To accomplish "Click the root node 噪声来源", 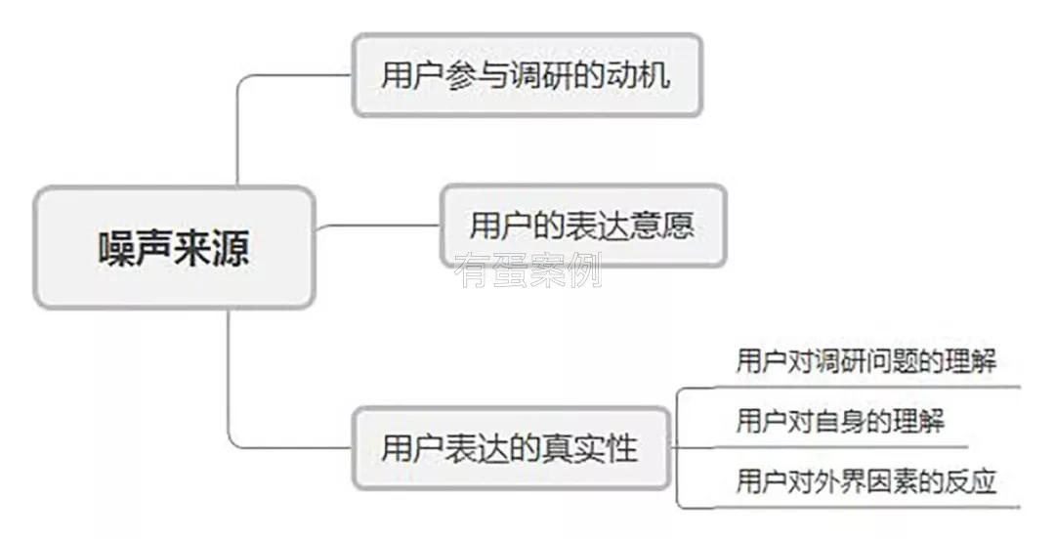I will click(x=174, y=247).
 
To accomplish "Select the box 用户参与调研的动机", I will click(x=527, y=76).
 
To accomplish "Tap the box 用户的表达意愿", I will click(x=582, y=226).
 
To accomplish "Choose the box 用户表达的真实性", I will click(x=510, y=448).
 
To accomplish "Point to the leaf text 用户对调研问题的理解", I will click(x=865, y=361).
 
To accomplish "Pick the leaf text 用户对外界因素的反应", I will click(x=865, y=480).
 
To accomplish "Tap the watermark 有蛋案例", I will click(x=527, y=269).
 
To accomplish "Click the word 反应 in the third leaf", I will click(x=971, y=480).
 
